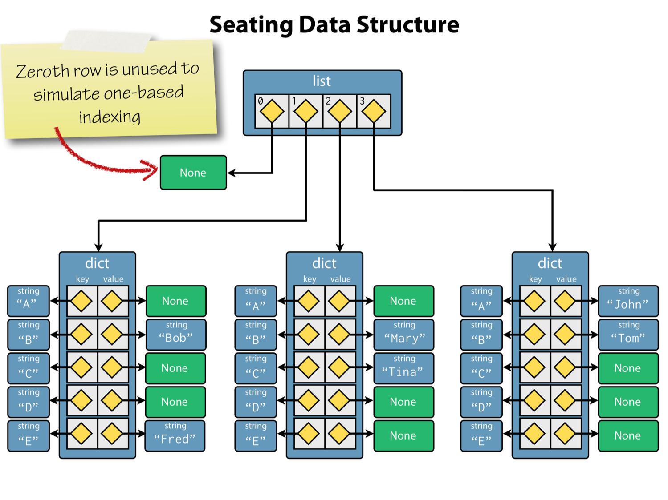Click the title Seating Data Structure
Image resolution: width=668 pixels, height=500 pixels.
pyautogui.click(x=334, y=24)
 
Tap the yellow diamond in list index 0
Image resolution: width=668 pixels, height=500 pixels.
pyautogui.click(x=272, y=111)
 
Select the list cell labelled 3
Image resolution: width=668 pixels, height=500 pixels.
pyautogui.click(x=374, y=111)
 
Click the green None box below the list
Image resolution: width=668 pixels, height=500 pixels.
pyautogui.click(x=193, y=173)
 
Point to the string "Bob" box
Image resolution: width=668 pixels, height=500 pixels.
pyautogui.click(x=176, y=335)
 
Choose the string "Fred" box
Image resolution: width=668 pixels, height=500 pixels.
pyautogui.click(x=175, y=435)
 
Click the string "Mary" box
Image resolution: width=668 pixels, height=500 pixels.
pyautogui.click(x=403, y=335)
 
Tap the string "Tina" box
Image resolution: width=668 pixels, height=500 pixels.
pyautogui.click(x=403, y=368)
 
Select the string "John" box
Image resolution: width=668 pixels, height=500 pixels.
pyautogui.click(x=628, y=301)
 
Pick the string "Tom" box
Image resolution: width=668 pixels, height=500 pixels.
pyautogui.click(x=628, y=335)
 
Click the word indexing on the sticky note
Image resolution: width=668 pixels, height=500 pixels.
pyautogui.click(x=110, y=117)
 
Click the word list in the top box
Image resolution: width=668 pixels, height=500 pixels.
pyautogui.click(x=322, y=81)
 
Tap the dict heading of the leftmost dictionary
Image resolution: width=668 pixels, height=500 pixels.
pyautogui.click(x=97, y=263)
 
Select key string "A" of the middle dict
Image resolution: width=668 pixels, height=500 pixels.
pyautogui.click(x=256, y=301)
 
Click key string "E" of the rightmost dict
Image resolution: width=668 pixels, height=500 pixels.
pyautogui.click(x=481, y=435)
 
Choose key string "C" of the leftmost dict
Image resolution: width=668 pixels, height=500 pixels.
pyautogui.click(x=29, y=368)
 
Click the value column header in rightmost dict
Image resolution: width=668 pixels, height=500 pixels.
pyautogui.click(x=566, y=279)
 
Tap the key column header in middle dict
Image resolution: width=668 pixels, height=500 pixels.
pyautogui.click(x=310, y=279)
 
